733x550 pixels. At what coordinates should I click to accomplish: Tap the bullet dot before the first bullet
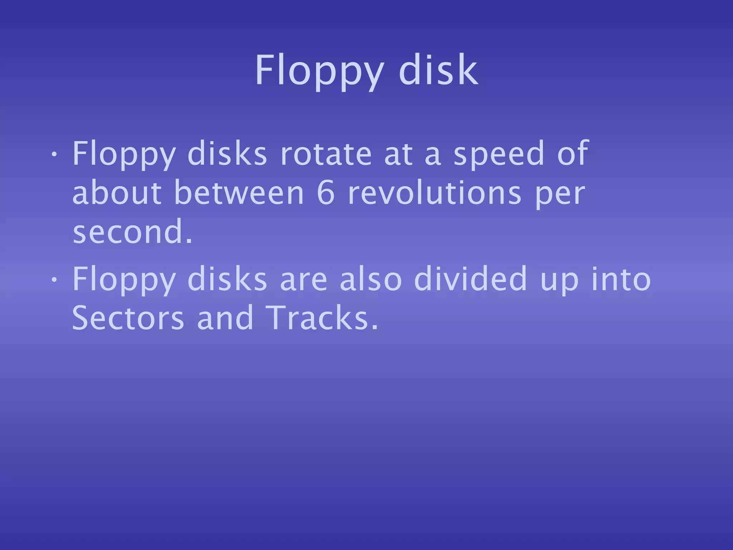pos(53,154)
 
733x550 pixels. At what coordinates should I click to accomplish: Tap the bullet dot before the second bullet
pos(53,280)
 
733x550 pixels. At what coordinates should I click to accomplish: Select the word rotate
pos(326,154)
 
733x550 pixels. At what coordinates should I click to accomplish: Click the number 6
pos(326,193)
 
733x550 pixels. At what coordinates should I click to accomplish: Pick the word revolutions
pos(435,193)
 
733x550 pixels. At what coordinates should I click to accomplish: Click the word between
pos(239,193)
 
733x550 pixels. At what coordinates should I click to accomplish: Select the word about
pos(117,193)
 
